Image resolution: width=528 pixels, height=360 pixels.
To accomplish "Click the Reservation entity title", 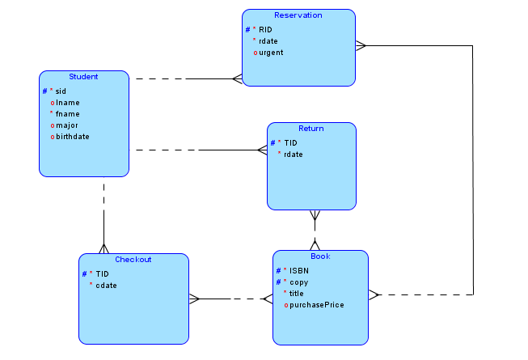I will [298, 15].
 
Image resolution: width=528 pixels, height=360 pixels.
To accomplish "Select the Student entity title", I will [83, 77].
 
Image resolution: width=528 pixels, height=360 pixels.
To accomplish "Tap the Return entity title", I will [310, 129].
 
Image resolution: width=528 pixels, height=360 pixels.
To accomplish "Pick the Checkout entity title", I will [133, 260].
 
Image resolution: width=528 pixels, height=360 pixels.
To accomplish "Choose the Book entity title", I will [320, 256].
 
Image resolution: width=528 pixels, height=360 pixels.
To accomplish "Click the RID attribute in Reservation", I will [265, 30].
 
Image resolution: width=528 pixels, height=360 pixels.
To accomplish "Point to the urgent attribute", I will [271, 53].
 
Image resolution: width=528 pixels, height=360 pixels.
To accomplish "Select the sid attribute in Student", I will [61, 91].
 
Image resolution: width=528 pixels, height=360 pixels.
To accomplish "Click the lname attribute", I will [67, 103].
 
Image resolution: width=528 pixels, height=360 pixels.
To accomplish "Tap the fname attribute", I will [68, 114].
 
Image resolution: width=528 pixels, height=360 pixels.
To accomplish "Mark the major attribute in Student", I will [68, 125].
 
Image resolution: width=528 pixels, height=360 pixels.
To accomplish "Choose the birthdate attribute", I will [72, 137].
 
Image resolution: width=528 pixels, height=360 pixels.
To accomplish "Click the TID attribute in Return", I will [291, 143].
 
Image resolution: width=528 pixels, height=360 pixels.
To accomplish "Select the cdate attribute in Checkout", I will [107, 285].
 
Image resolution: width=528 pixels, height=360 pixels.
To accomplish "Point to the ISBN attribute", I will [299, 270].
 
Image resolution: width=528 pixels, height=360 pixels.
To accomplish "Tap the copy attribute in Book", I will [298, 282].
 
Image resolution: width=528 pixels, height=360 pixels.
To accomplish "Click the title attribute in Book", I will [297, 294].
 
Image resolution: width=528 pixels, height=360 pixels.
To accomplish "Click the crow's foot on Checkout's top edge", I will [103, 247].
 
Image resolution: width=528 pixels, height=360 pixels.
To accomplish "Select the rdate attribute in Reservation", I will [268, 41].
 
